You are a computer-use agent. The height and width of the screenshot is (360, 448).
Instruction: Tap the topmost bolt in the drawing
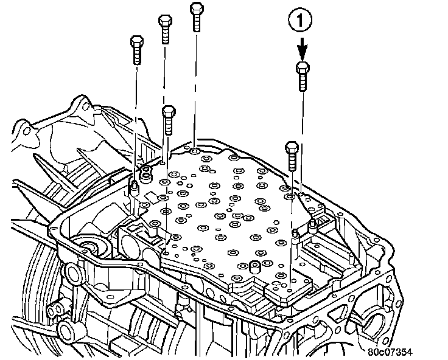(x=196, y=15)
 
